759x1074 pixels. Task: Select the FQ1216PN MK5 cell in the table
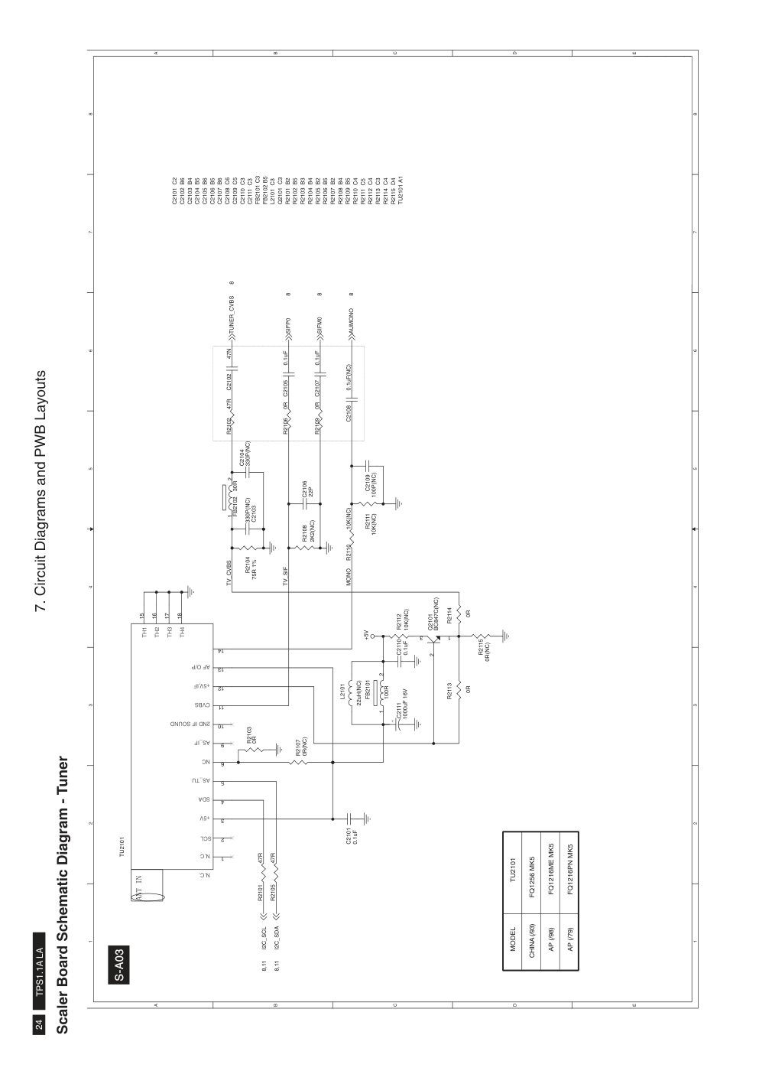click(x=569, y=888)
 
